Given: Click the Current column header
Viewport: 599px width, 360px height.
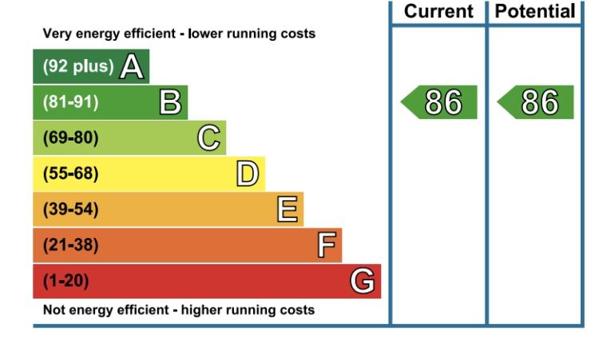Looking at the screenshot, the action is [438, 11].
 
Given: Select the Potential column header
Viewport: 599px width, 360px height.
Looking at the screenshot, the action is [535, 11].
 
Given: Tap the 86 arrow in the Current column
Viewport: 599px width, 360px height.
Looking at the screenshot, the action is [439, 102].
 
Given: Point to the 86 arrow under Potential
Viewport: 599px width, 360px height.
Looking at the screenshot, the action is [535, 102].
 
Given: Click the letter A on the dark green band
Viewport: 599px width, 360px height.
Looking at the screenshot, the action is [132, 66].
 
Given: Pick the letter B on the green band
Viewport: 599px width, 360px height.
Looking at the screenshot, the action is [170, 102].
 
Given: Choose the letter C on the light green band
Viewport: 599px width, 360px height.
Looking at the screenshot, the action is [209, 137].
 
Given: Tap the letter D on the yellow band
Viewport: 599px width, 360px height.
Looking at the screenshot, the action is [247, 173].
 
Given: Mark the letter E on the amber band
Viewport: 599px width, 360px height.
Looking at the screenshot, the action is [287, 209].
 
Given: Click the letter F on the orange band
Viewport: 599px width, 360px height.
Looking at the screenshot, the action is [327, 245].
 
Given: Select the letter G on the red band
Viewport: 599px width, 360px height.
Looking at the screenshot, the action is [362, 281].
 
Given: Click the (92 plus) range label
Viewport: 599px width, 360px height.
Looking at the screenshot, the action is [78, 66].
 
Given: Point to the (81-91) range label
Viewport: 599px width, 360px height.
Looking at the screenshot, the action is [70, 102].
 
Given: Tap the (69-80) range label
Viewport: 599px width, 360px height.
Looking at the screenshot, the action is [70, 137].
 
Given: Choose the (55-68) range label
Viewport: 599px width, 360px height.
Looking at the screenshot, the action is [70, 173].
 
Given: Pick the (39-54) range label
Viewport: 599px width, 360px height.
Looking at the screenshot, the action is [70, 209].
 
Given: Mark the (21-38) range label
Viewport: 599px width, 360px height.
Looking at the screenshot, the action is [70, 245].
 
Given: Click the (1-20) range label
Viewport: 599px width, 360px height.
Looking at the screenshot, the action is [65, 281].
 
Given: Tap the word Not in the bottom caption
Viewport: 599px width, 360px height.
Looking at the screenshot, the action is [53, 310].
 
